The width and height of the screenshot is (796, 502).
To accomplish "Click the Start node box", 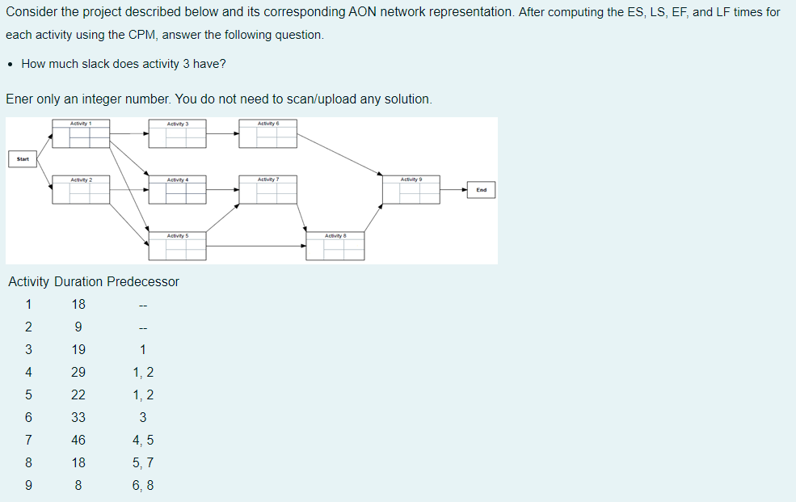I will point(23,159).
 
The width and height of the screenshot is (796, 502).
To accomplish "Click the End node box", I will point(482,190).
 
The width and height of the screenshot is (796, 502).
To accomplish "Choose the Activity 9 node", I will point(411,190).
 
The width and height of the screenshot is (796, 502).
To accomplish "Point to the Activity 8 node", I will point(335,247).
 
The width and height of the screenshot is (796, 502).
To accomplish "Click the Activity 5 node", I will point(178,247).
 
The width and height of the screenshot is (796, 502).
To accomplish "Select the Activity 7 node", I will point(268,190).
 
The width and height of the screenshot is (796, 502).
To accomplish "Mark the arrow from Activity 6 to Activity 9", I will point(339,154).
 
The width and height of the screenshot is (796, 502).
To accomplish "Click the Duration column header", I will point(78,282).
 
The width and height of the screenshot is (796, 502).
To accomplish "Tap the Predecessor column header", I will point(143,282).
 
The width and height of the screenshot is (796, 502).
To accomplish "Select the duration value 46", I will point(78,441).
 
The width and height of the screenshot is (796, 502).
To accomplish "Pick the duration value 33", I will point(78,418).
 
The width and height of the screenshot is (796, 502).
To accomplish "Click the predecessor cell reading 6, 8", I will point(143,486).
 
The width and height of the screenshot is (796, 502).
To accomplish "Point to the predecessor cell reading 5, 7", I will point(143,463).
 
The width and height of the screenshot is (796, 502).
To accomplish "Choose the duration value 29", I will point(78,373).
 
